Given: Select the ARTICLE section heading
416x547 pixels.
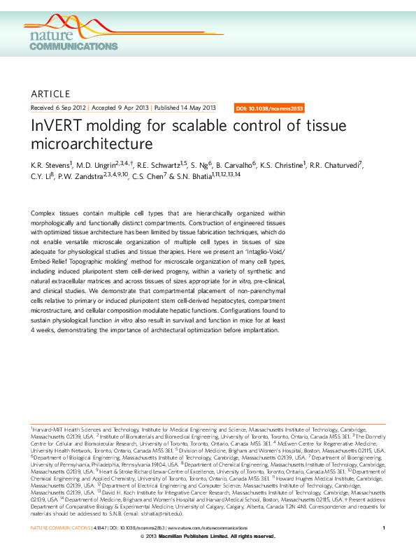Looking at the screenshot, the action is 51,94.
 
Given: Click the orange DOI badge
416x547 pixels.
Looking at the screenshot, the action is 268,108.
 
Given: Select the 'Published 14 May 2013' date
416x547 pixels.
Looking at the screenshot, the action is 185,108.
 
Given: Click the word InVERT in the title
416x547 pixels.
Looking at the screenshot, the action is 58,127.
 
